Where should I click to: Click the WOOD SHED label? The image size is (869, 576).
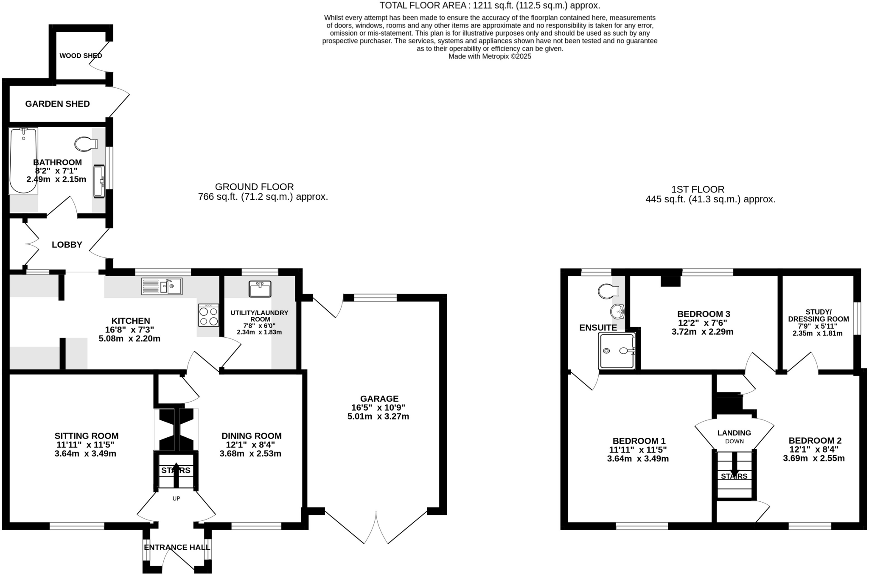81,56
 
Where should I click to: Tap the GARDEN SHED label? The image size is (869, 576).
57,104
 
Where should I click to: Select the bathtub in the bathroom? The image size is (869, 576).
23,161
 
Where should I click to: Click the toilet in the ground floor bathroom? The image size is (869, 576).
85,144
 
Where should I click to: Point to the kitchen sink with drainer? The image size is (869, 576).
162,286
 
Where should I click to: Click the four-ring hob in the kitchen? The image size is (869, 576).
208,315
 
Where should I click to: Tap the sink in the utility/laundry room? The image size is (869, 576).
260,289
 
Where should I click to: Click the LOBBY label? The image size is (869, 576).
67,245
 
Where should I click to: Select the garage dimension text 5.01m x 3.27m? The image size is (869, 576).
378,417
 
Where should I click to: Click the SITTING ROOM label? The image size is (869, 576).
87,436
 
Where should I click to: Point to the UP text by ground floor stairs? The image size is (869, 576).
176,498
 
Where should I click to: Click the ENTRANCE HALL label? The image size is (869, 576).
177,548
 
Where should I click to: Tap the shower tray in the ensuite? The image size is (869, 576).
617,351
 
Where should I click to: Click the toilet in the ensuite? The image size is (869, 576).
608,291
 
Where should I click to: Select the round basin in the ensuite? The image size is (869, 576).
617,312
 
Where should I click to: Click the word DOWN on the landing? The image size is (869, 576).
734,441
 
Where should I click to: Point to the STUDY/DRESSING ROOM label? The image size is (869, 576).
818,316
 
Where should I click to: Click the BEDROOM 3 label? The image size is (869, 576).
703,314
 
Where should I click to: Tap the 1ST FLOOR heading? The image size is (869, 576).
698,189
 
